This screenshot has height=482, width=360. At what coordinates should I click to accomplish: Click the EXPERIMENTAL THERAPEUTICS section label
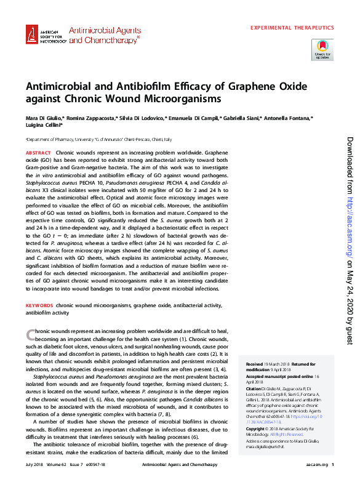pyautogui.click(x=292, y=28)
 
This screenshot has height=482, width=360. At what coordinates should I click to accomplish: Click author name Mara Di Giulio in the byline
pyautogui.click(x=42, y=117)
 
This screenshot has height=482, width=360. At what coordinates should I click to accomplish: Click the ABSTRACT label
pyautogui.click(x=38, y=152)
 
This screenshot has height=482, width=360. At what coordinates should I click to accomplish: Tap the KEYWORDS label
pyautogui.click(x=39, y=305)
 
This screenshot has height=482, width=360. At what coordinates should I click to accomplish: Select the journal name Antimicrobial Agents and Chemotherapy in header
pyautogui.click(x=104, y=34)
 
